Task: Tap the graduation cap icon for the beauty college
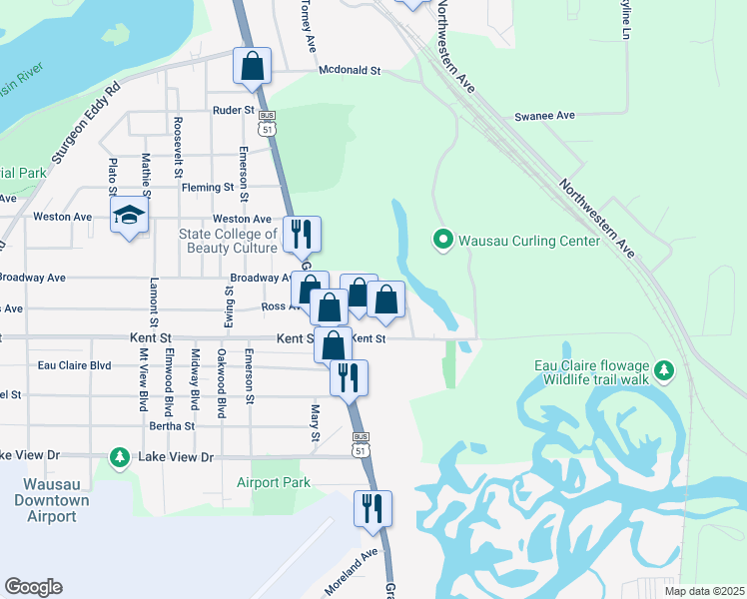pyautogui.click(x=129, y=216)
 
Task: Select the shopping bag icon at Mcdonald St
pyautogui.click(x=253, y=66)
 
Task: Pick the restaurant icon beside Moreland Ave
pyautogui.click(x=373, y=507)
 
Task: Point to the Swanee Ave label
pyautogui.click(x=544, y=116)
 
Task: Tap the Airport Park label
pyautogui.click(x=274, y=482)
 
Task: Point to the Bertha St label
pyautogui.click(x=172, y=426)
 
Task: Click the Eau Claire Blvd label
pyautogui.click(x=74, y=365)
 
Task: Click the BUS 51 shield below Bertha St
pyautogui.click(x=359, y=445)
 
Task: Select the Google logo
pyautogui.click(x=34, y=587)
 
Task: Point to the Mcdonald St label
pyautogui.click(x=351, y=71)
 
